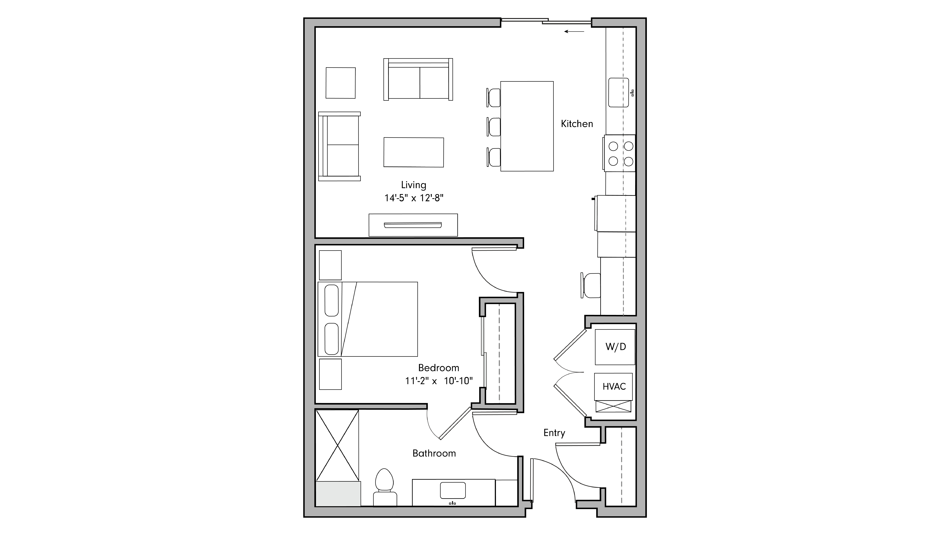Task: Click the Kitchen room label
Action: [x=577, y=124]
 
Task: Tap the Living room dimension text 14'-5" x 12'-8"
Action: [x=414, y=198]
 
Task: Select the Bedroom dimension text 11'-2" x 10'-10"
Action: [x=438, y=381]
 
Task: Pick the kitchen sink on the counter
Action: [x=618, y=92]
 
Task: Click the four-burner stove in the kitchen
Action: [x=620, y=153]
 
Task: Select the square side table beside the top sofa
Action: [x=340, y=83]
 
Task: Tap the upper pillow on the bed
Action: [x=332, y=300]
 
